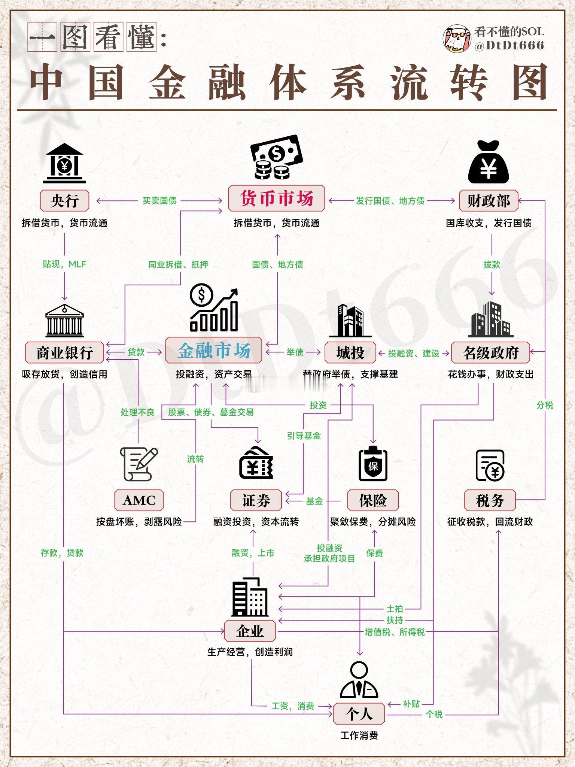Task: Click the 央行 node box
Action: coord(64,201)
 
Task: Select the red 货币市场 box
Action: coord(277,198)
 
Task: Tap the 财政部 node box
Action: coord(489,201)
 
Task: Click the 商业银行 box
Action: coord(64,352)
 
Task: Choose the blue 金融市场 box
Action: coord(214,351)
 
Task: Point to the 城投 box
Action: coord(350,352)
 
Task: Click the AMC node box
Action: coord(139,500)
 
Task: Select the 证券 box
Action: coord(256,500)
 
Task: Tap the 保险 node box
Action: coord(373,500)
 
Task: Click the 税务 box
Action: coord(490,500)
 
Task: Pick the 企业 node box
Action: coord(250,631)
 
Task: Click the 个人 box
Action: coord(359,713)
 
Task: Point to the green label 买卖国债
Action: coord(159,201)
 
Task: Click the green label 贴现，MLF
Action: coord(64,264)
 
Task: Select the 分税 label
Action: coord(545,405)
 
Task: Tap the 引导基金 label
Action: coord(304,436)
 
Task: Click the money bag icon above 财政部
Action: coord(489,162)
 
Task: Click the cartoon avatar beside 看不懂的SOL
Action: coord(457,39)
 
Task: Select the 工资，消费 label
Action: coord(293,706)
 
